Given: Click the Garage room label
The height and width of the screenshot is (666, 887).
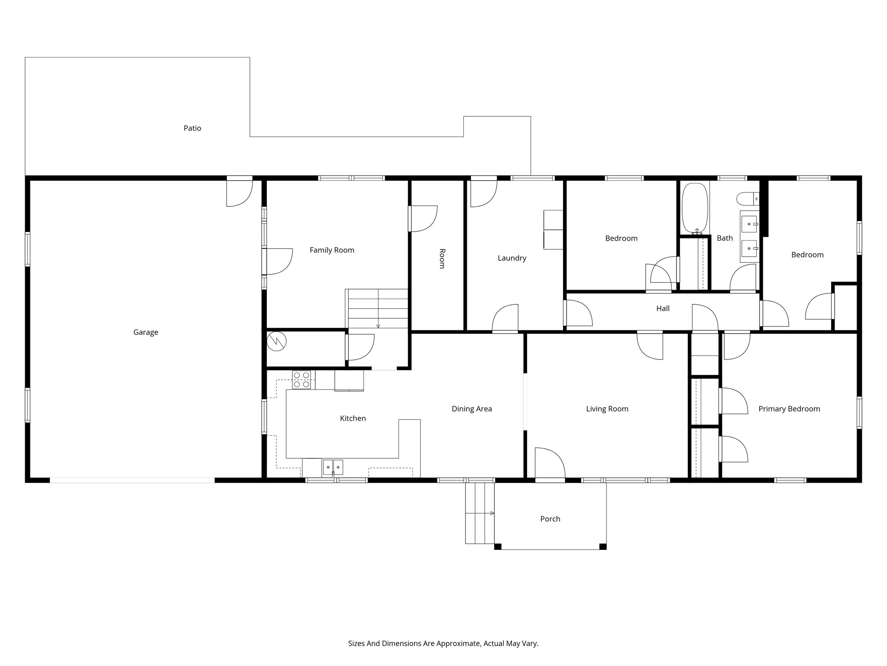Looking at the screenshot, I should [146, 332].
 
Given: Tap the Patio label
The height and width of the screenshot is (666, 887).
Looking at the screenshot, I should [192, 128].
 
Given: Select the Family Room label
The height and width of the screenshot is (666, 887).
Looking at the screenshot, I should [332, 250].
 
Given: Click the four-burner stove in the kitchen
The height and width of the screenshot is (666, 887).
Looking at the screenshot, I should [301, 379].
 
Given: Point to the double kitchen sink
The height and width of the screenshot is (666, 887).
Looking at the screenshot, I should [333, 467].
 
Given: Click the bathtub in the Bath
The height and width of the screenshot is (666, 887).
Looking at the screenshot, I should [695, 208].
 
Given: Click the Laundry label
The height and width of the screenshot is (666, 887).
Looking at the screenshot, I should [512, 258].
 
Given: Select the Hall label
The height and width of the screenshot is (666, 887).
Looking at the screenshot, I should [663, 308].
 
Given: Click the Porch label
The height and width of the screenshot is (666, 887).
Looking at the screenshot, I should [550, 519].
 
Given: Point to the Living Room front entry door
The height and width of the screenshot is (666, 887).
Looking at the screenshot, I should [550, 464].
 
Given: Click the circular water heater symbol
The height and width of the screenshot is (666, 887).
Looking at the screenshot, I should [276, 341].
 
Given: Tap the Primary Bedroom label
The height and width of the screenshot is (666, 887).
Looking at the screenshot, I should [789, 409].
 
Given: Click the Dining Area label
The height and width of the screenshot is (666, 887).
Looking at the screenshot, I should [472, 409].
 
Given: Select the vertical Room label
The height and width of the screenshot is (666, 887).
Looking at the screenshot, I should [442, 258].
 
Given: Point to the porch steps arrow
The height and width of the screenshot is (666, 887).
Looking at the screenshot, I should [492, 513].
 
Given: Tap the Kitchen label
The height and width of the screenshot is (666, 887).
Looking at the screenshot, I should [353, 418].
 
